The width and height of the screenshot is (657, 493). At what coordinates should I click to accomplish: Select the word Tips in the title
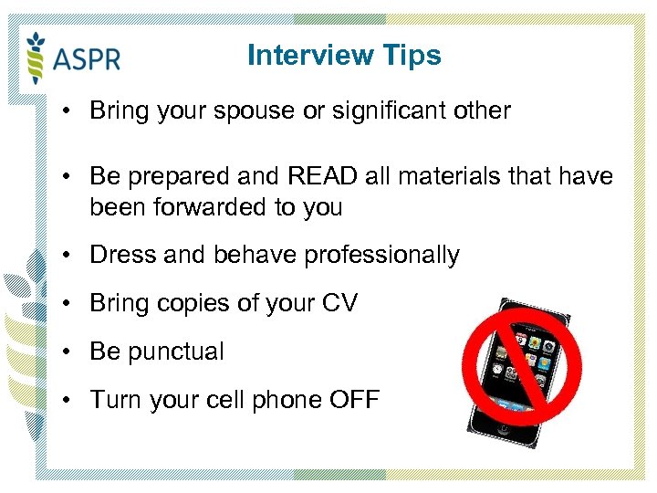click(413, 56)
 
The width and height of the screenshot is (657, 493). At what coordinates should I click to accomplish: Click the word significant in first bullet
click(387, 111)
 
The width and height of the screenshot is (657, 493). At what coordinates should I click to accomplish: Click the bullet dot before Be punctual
click(69, 351)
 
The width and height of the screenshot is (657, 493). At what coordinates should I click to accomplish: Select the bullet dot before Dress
click(69, 255)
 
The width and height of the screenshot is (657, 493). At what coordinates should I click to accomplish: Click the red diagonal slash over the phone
click(523, 366)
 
